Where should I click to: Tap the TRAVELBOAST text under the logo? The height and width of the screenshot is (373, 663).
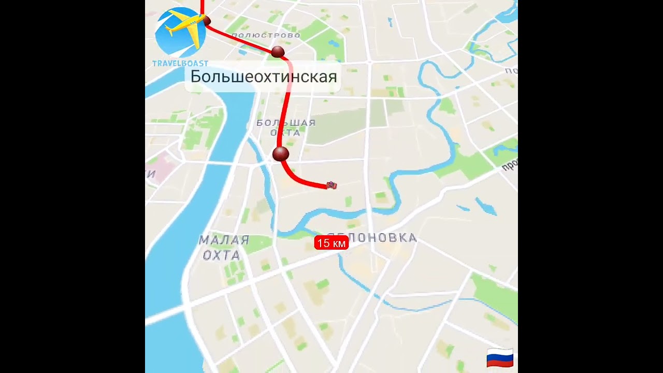(180, 64)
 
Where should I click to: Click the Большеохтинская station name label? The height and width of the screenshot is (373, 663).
(264, 77)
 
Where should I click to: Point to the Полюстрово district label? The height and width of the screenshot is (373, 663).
(266, 35)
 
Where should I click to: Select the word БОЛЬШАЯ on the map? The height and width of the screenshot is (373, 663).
(286, 123)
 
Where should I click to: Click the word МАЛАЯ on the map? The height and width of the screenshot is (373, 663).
(224, 240)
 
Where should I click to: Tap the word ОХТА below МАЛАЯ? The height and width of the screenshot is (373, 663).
(221, 255)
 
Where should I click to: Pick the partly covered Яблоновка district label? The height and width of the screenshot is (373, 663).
(383, 238)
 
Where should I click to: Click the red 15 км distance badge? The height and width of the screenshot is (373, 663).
(331, 243)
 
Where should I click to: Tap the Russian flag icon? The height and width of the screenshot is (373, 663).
(500, 358)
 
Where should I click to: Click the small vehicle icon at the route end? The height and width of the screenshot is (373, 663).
(331, 185)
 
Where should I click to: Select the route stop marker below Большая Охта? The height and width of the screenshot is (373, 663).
(280, 153)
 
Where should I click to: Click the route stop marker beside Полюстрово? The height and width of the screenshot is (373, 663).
(278, 52)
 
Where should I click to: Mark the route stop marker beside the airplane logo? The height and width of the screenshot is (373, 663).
(207, 21)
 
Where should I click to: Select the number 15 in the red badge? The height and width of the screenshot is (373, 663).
(323, 243)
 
